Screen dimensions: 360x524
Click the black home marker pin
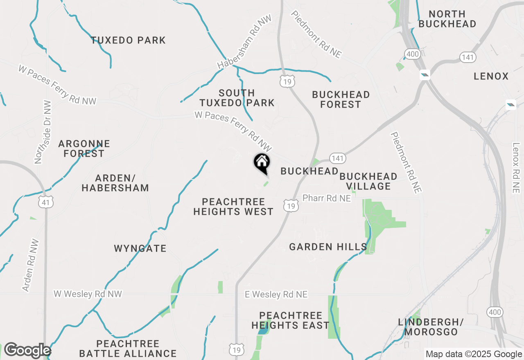[x=262, y=163]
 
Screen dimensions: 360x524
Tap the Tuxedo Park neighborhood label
[x=128, y=40]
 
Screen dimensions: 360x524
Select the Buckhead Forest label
[x=341, y=99]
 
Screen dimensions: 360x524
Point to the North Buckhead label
[x=447, y=19]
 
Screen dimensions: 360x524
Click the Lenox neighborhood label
[x=491, y=76]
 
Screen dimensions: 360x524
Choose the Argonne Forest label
[x=84, y=148]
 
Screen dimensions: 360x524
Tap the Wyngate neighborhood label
[x=140, y=248]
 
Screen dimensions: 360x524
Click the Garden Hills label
[x=328, y=247]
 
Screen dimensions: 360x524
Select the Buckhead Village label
[x=368, y=181]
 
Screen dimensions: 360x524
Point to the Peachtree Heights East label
[x=290, y=320]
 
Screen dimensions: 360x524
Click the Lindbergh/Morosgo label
[x=431, y=327]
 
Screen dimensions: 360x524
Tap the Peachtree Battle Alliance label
[x=128, y=349]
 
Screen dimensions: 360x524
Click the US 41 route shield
[x=47, y=201]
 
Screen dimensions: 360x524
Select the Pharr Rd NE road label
[x=327, y=198]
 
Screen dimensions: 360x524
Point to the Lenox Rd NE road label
[x=515, y=168]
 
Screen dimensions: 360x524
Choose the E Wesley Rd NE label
[x=276, y=295]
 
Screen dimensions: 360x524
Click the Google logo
[x=27, y=350]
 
